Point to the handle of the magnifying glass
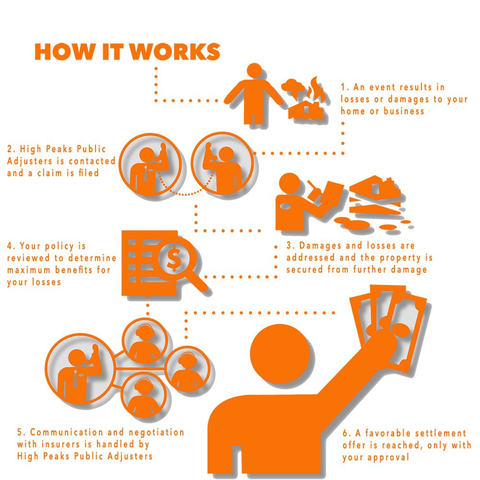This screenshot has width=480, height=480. pyautogui.click(x=201, y=283)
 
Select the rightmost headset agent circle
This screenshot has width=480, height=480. pyautogui.click(x=185, y=370)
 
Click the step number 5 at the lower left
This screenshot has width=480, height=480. pyautogui.click(x=19, y=431)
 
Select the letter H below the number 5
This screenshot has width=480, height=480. pyautogui.click(x=20, y=456)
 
